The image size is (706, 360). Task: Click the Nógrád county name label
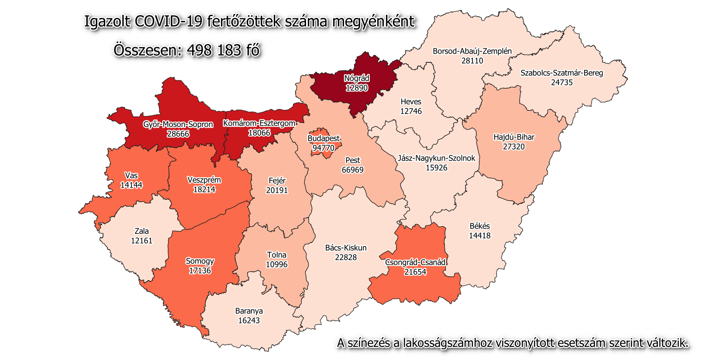(x=357, y=79)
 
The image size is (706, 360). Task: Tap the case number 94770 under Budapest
(x=324, y=148)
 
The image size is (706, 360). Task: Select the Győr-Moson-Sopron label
(x=178, y=124)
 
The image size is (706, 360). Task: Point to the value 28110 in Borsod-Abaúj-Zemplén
(x=472, y=61)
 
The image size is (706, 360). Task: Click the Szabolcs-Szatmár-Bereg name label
(x=561, y=73)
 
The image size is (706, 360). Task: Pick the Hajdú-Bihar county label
(x=514, y=137)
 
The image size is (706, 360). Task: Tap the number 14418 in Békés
(x=480, y=236)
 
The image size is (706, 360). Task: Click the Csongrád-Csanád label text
(x=415, y=262)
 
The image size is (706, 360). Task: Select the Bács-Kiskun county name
(x=346, y=248)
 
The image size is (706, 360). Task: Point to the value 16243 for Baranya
(x=249, y=320)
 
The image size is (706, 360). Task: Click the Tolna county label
(x=277, y=255)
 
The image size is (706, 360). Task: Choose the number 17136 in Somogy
(x=200, y=271)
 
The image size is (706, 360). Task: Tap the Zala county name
(x=141, y=231)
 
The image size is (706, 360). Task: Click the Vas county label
(x=131, y=175)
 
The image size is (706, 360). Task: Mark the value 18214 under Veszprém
(x=204, y=189)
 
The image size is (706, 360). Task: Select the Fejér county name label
(x=277, y=181)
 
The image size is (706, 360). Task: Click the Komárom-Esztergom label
(x=259, y=123)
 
